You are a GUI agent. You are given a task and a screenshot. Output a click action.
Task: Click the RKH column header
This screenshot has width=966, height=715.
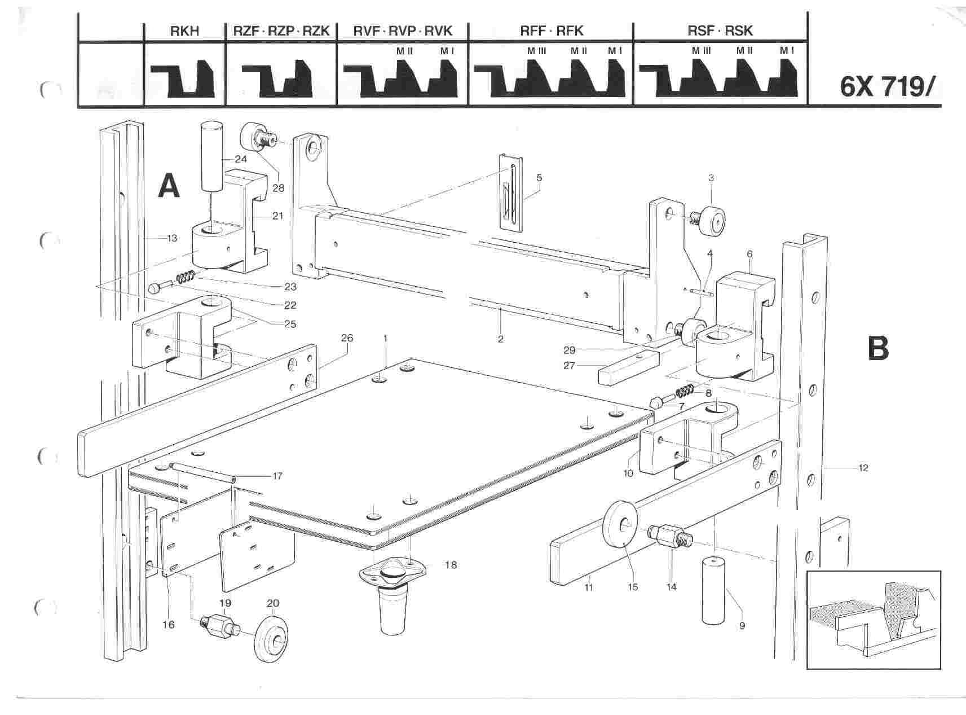(x=184, y=30)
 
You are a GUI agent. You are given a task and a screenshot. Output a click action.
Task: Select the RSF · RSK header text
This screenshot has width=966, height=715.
(x=720, y=30)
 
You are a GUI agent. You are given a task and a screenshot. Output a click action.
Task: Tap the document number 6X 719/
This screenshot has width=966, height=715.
(x=888, y=86)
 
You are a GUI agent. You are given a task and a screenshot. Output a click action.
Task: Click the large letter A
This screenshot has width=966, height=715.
(x=169, y=186)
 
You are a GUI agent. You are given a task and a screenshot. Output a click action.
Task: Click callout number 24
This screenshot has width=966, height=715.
(x=241, y=159)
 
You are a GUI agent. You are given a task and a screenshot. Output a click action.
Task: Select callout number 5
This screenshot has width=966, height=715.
(x=539, y=178)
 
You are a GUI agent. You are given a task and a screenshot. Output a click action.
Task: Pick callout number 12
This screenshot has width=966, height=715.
(x=863, y=467)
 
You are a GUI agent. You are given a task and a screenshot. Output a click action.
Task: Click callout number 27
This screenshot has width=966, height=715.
(x=569, y=366)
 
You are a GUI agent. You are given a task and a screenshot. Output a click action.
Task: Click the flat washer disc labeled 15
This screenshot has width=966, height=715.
(x=621, y=524)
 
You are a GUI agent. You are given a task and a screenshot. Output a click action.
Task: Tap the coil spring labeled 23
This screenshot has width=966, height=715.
(x=187, y=278)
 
